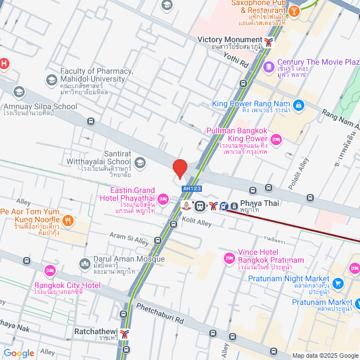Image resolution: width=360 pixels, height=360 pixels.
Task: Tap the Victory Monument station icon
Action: click(x=271, y=40)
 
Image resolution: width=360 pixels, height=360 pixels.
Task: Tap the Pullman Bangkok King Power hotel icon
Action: click(x=276, y=139)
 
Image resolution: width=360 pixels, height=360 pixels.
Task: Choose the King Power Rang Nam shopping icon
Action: click(x=298, y=105)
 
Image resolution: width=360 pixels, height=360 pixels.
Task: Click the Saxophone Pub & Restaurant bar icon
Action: click(x=294, y=11)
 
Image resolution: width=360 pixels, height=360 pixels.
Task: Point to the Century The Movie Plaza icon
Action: click(x=269, y=66)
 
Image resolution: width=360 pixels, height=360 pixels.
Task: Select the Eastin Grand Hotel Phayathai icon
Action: click(x=163, y=198)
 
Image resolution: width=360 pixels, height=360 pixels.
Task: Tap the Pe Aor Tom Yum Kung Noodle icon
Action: click(x=67, y=220)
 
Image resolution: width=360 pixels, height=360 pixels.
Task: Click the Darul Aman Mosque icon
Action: click(x=85, y=263)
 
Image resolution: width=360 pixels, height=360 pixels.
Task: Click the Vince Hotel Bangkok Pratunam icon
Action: click(x=229, y=258)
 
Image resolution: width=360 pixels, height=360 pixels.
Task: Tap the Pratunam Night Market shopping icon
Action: click(x=337, y=283)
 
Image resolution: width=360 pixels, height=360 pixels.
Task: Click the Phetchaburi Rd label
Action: click(x=160, y=314)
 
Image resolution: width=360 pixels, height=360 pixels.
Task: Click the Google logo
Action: click(x=19, y=353)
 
